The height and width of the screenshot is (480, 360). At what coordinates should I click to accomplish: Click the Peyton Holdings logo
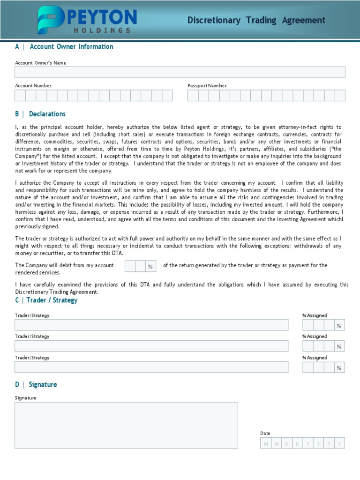click(x=87, y=20)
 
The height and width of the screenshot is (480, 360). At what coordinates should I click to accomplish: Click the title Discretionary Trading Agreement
click(x=256, y=20)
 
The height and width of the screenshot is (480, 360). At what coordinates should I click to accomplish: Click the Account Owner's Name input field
click(x=180, y=72)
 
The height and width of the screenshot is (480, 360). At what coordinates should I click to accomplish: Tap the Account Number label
click(x=33, y=86)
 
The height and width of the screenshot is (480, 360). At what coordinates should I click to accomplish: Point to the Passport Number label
click(x=207, y=86)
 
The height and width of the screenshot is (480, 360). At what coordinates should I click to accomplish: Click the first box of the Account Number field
click(x=20, y=96)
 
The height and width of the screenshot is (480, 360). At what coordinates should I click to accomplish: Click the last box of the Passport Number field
click(x=340, y=96)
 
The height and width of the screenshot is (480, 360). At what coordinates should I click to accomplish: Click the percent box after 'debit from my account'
click(x=135, y=266)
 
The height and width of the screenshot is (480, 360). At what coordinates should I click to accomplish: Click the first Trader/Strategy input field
click(x=151, y=325)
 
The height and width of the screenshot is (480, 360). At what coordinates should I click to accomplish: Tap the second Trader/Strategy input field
click(x=151, y=346)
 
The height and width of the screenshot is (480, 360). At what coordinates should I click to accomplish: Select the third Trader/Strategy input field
click(x=151, y=367)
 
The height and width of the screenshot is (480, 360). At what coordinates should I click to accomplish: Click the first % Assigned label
click(x=315, y=315)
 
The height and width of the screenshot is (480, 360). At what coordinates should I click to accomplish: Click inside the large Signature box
click(x=126, y=425)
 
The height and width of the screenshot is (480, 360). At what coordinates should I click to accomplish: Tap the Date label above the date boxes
click(x=265, y=434)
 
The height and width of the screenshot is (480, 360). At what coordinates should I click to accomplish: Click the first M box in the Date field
click(x=266, y=443)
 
